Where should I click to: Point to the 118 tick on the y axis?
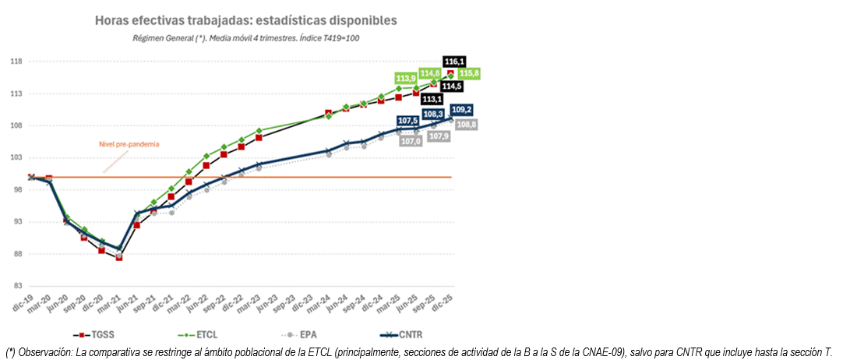click(x=16, y=62)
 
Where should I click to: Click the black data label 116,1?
click(x=453, y=62)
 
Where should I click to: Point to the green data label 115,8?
click(x=469, y=73)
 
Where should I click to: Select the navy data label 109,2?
click(x=460, y=110)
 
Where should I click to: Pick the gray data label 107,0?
click(x=411, y=141)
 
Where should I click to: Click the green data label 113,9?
click(x=406, y=79)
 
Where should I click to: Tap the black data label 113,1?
click(x=431, y=100)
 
